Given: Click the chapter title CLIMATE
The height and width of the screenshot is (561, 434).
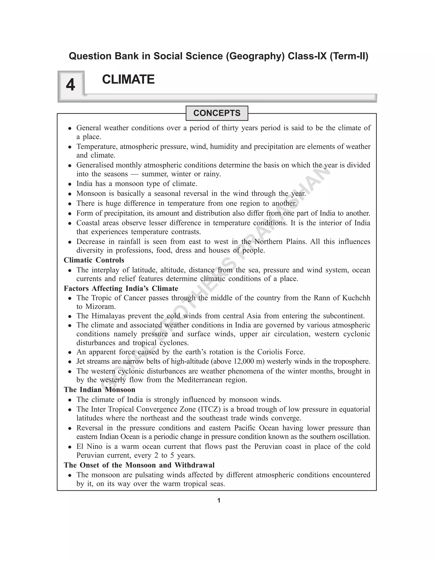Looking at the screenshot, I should point(128,79).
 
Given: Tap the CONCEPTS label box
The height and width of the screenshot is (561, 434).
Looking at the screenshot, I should point(217,113).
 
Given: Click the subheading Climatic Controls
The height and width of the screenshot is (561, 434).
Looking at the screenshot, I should point(94,260).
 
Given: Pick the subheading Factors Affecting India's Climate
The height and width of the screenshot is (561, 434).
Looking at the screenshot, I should point(121,289).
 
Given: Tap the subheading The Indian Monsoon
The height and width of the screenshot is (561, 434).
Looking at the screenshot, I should point(100,390).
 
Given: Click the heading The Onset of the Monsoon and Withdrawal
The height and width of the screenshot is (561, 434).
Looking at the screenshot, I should point(139,465).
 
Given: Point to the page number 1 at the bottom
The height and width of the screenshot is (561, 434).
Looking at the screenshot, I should point(219,500).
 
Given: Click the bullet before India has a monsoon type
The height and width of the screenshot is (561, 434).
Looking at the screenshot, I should point(70,184).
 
